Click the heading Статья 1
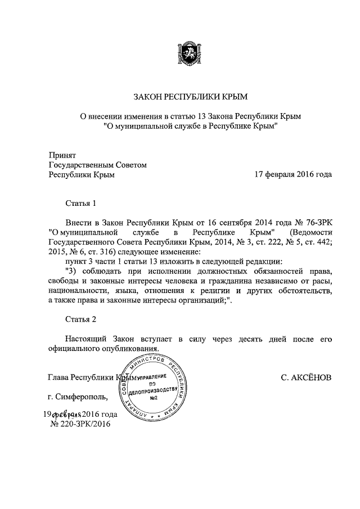[82, 202]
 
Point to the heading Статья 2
[82, 319]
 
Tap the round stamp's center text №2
[153, 398]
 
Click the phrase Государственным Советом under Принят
[98, 164]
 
